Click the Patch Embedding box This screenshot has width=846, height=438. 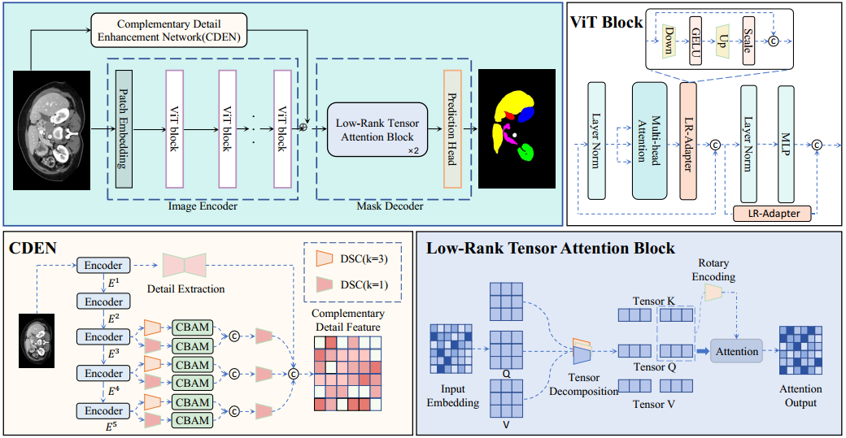click(124, 128)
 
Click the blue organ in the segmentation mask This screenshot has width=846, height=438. click(525, 114)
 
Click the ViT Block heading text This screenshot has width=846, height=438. click(606, 22)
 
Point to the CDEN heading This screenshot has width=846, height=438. click(33, 246)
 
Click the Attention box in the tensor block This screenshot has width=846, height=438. click(736, 351)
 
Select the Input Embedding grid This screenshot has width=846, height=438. click(452, 347)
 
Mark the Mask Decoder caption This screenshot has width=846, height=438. click(389, 206)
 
